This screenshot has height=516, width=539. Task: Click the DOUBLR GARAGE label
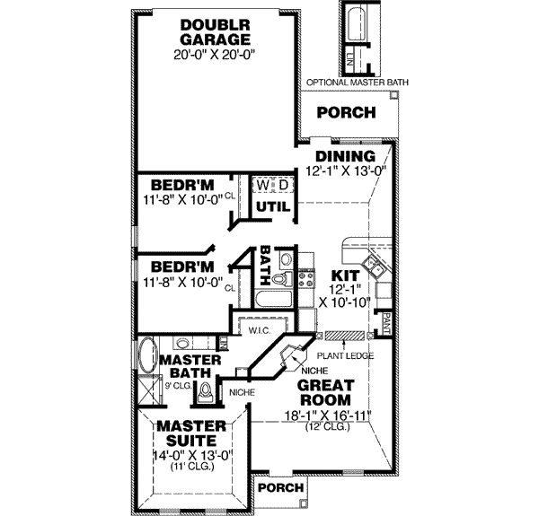click(x=214, y=31)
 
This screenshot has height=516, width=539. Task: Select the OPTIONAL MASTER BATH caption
click(x=358, y=83)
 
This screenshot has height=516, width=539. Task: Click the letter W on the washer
click(x=262, y=185)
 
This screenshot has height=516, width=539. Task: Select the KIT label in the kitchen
click(x=346, y=275)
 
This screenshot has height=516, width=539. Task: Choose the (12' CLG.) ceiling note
click(x=326, y=426)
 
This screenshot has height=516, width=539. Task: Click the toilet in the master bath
click(x=207, y=392)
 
